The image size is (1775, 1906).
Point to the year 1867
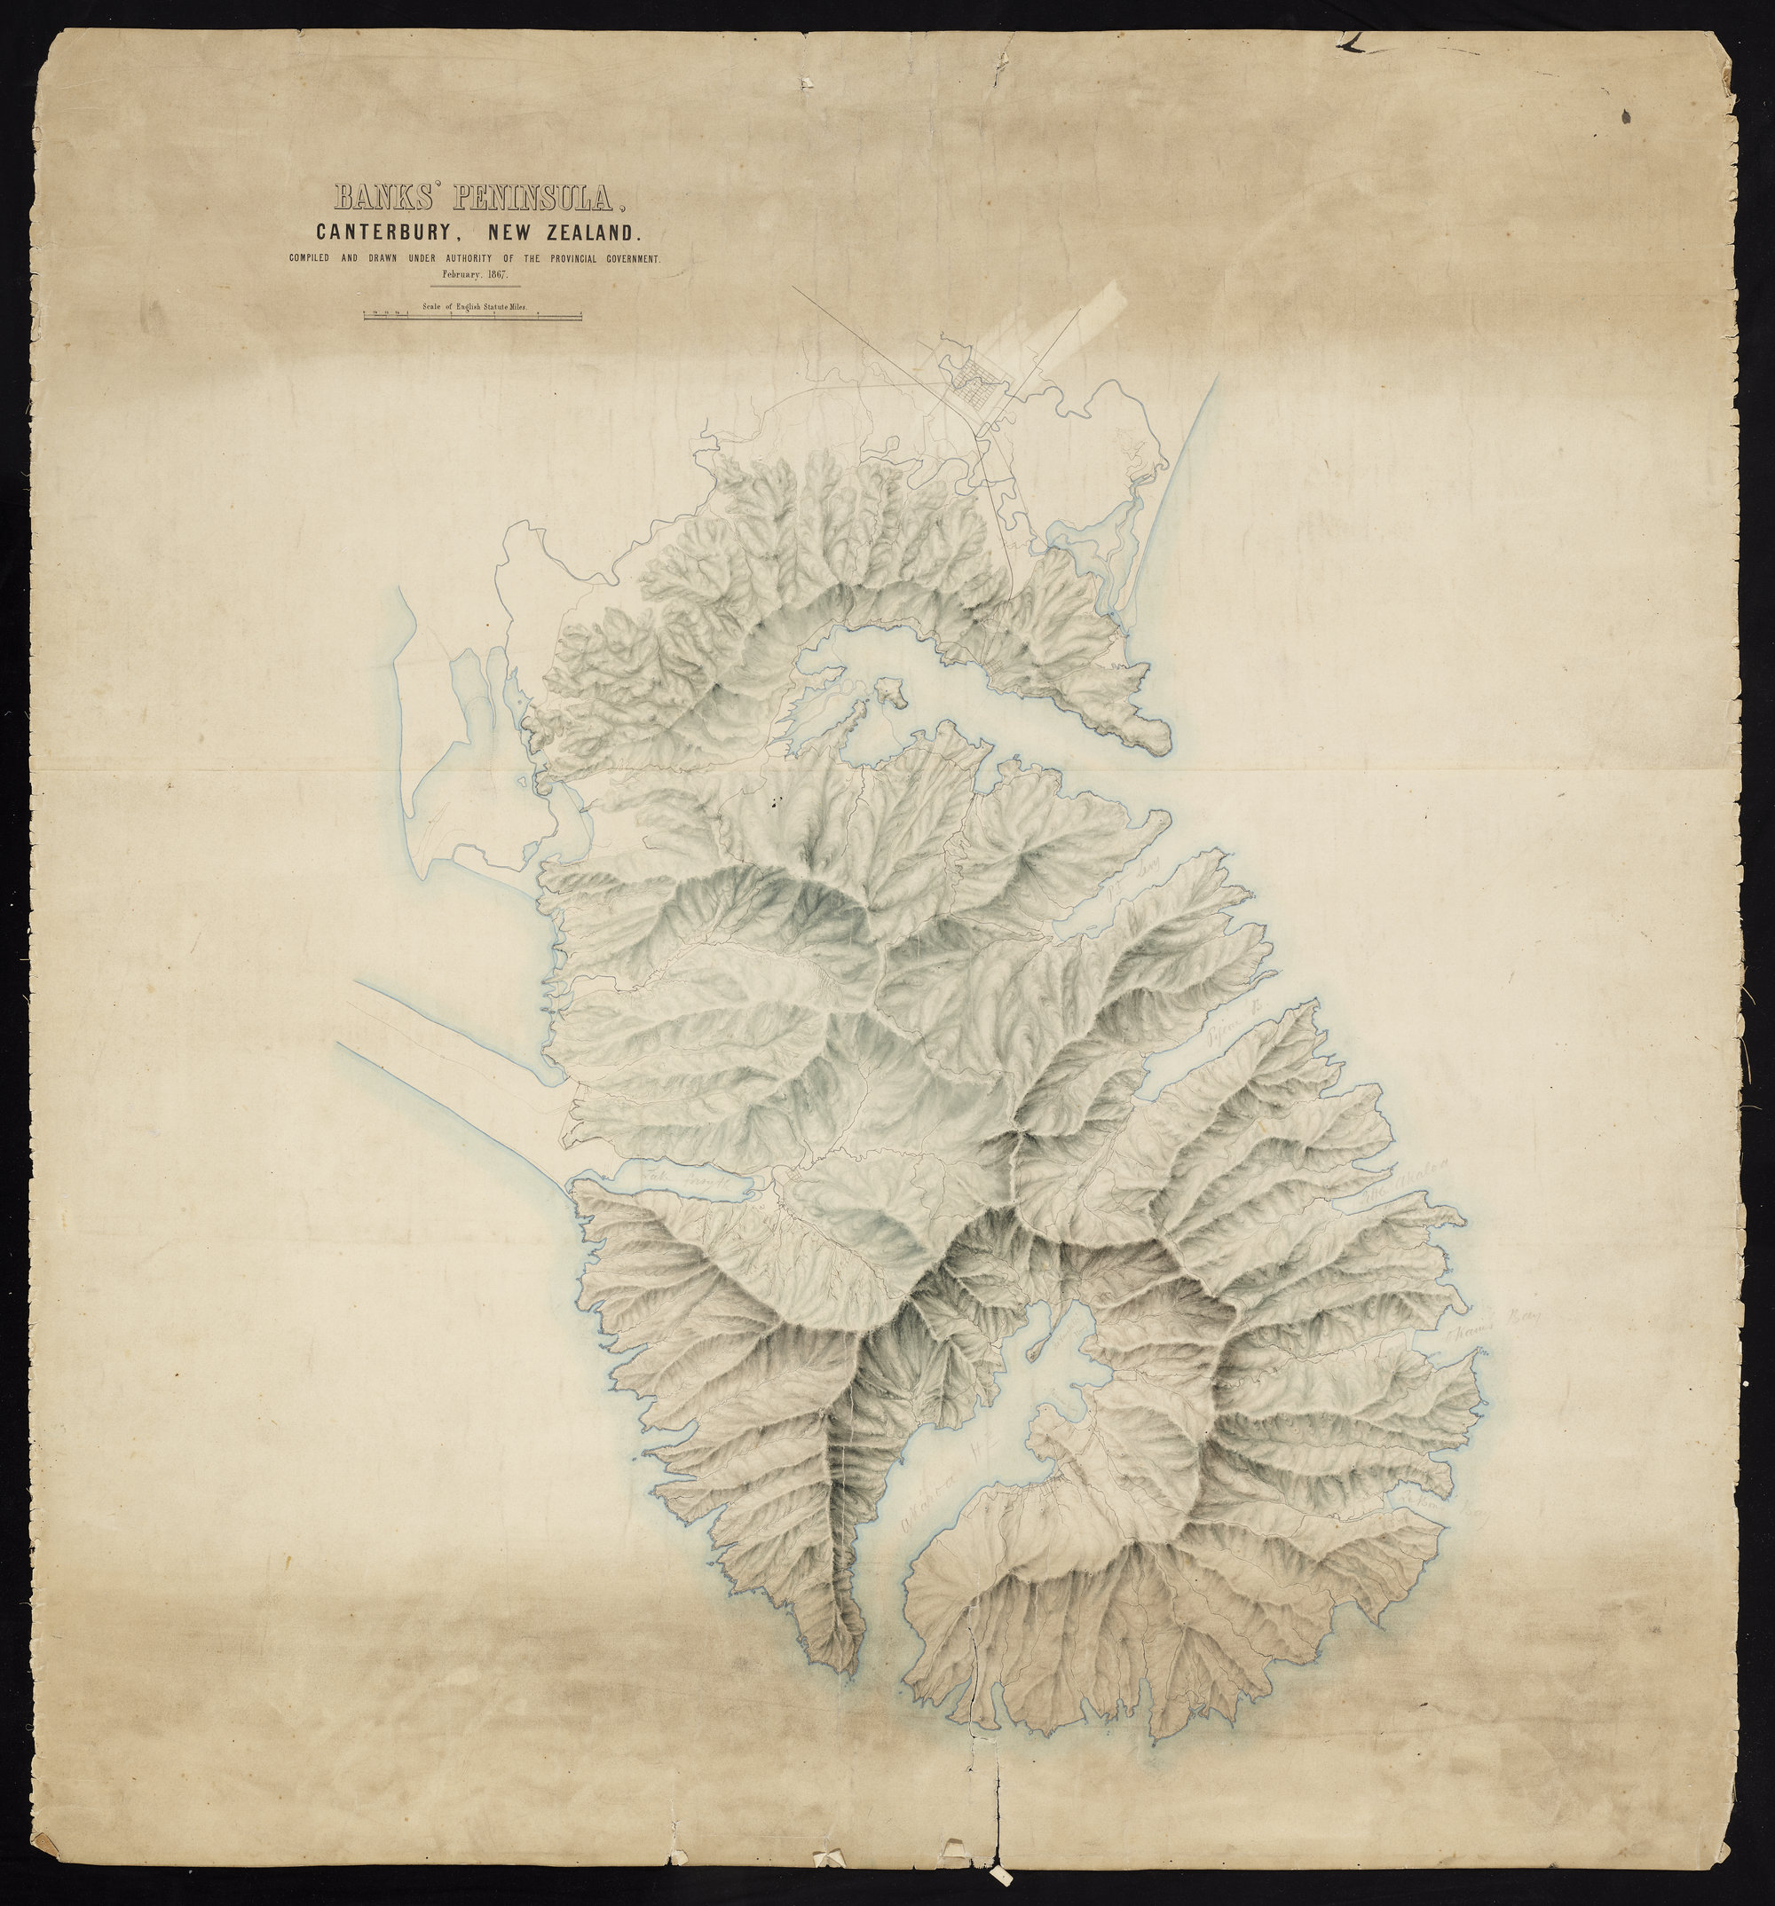[496, 274]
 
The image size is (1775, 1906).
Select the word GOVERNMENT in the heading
[625, 259]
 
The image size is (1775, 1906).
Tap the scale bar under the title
[472, 315]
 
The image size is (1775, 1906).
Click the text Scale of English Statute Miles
[473, 307]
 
